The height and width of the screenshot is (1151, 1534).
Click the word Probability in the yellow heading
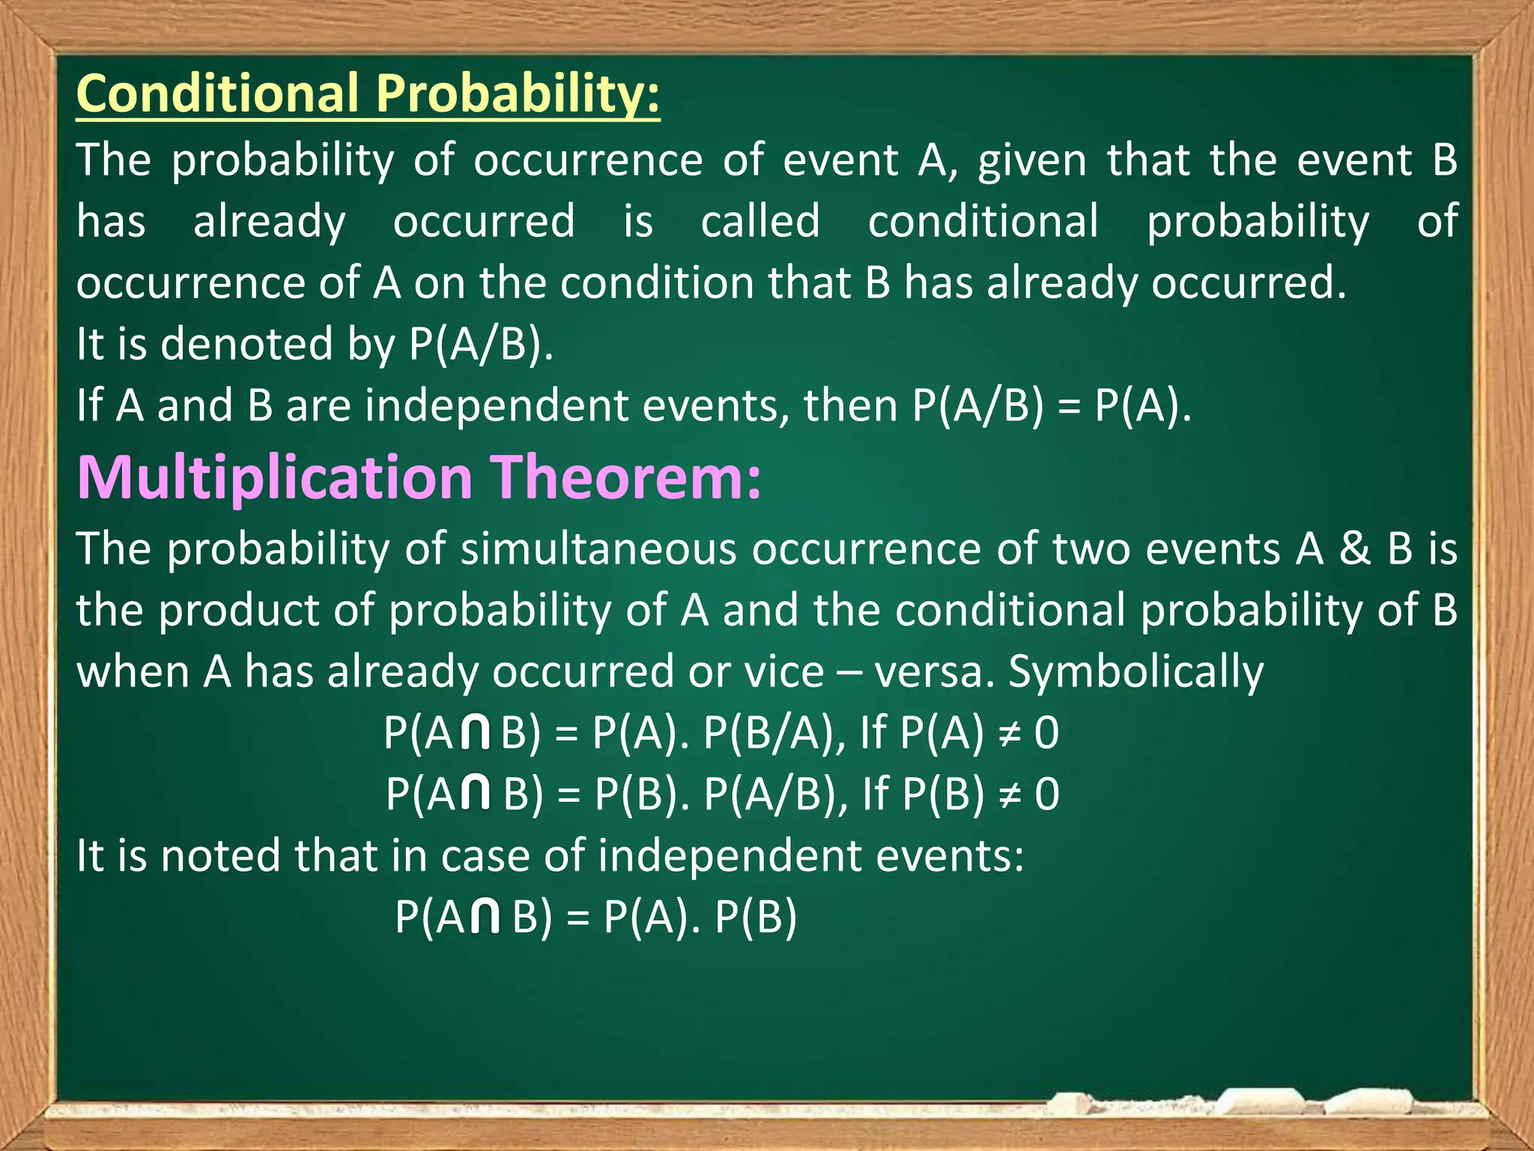tap(517, 94)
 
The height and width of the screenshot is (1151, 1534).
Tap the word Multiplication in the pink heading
tap(274, 477)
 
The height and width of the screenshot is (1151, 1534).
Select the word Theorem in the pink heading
tap(625, 477)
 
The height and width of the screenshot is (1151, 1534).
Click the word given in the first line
tap(1032, 161)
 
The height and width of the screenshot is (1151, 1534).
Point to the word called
tap(760, 222)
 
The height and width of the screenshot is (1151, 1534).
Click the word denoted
tap(246, 345)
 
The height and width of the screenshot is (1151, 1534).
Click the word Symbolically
tap(1136, 672)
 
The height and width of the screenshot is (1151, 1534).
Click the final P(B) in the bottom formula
tap(756, 917)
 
